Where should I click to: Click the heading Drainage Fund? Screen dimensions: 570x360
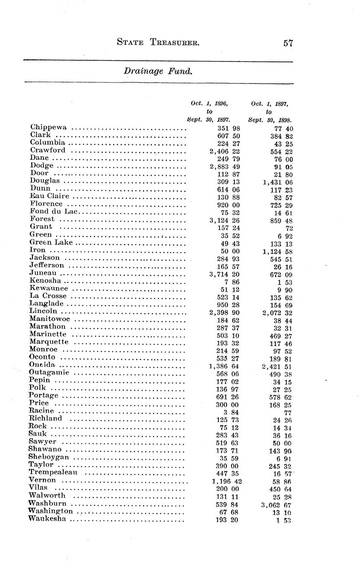coord(158,71)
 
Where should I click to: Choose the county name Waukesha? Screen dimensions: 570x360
coord(47,519)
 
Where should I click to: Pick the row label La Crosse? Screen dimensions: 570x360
coord(48,296)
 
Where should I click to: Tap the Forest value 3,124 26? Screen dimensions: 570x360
coord(225,220)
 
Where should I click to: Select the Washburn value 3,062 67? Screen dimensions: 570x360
coord(277,504)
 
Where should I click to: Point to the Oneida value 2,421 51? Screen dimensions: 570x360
coord(277,366)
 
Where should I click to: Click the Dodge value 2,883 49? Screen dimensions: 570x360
coord(225,166)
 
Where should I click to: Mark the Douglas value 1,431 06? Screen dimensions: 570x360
coord(277,182)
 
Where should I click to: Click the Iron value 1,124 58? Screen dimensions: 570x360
coord(277,251)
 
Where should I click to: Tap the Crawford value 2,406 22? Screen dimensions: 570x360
coord(225,151)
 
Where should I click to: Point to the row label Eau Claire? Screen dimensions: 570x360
coord(49,196)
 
